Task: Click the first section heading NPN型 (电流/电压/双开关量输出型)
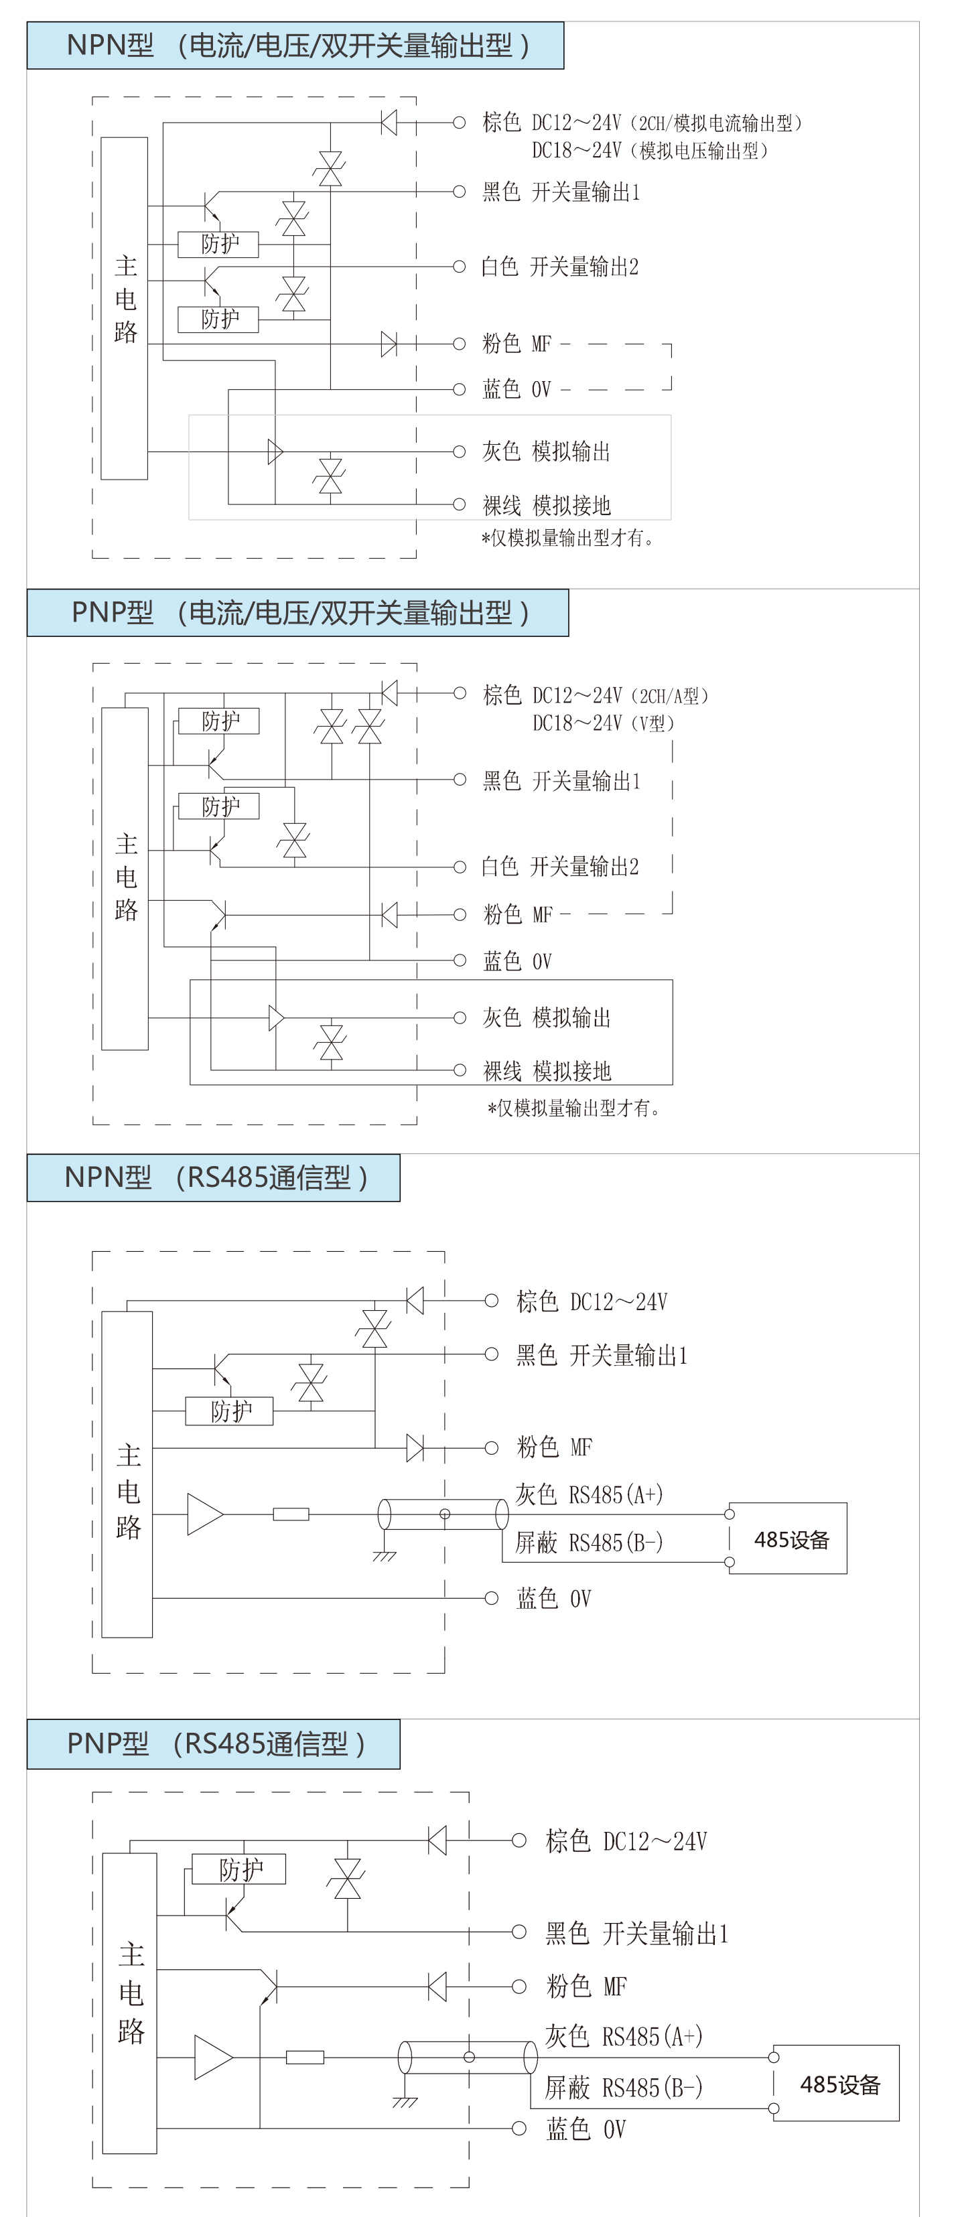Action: click(x=295, y=46)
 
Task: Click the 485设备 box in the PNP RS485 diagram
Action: click(x=836, y=2083)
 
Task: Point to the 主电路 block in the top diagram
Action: click(x=124, y=308)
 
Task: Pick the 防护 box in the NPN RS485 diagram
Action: click(x=229, y=1411)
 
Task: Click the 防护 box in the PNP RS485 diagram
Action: click(x=238, y=1869)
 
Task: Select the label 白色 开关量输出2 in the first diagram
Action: click(x=559, y=267)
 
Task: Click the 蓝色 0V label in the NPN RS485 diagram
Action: click(x=553, y=1598)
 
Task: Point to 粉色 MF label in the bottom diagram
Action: click(x=586, y=1987)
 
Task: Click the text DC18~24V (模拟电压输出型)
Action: click(x=650, y=151)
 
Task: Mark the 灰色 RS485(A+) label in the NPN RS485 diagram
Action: click(x=589, y=1494)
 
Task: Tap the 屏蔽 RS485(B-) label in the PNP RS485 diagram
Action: click(x=624, y=2087)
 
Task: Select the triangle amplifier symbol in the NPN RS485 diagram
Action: click(x=205, y=1514)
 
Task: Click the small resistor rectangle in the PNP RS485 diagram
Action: click(x=305, y=2057)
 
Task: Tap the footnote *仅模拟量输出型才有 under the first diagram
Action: click(x=567, y=538)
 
